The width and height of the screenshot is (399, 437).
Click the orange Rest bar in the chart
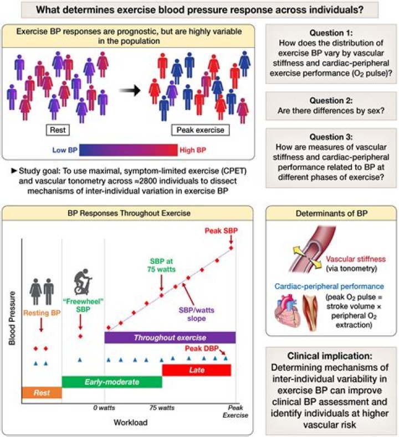(41, 393)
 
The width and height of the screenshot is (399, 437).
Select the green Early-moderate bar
(111, 382)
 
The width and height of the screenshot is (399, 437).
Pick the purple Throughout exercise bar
(170, 337)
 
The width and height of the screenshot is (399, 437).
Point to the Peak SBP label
(219, 230)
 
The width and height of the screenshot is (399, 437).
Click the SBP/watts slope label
(192, 314)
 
